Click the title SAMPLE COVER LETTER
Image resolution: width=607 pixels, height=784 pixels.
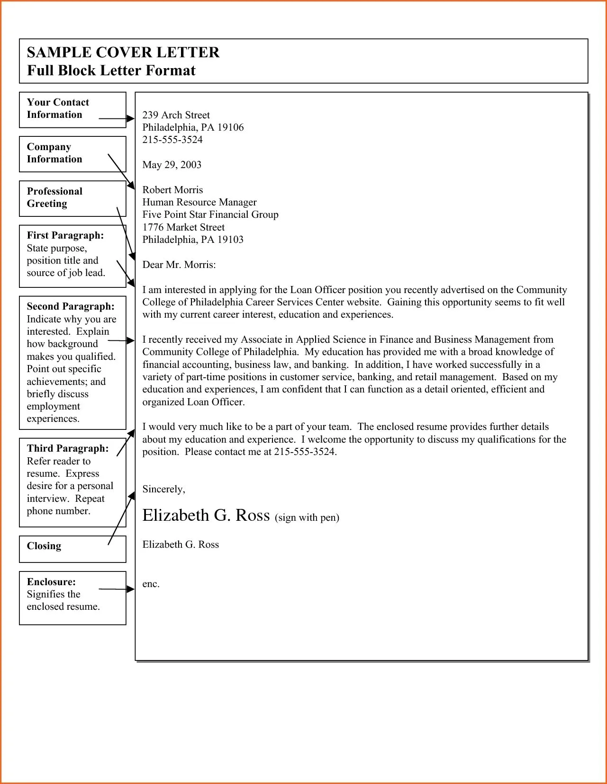click(x=123, y=52)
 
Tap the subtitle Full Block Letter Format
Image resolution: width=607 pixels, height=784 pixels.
click(x=111, y=71)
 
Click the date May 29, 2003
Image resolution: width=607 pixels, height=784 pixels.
click(x=172, y=165)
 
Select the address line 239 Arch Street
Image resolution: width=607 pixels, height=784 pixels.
click(x=176, y=115)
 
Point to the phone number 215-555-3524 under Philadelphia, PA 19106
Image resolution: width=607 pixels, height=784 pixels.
click(x=172, y=140)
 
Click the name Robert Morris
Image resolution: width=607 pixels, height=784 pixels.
click(x=172, y=190)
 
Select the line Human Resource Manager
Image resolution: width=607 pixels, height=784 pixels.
click(x=199, y=202)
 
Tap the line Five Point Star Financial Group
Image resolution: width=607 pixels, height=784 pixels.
click(x=210, y=214)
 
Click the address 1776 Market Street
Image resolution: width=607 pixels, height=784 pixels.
click(x=183, y=227)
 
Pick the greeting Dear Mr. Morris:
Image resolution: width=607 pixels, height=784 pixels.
click(x=179, y=265)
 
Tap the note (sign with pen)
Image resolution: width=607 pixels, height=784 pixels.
click(x=307, y=517)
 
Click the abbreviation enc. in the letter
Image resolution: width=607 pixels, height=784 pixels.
click(x=151, y=584)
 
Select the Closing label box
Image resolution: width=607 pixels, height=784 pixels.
click(x=72, y=549)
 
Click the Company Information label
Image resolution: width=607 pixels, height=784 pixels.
click(x=54, y=153)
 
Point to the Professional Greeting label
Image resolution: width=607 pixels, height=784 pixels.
click(x=54, y=197)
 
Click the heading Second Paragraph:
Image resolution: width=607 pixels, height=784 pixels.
click(x=71, y=306)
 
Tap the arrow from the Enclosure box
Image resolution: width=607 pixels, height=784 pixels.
click(x=117, y=589)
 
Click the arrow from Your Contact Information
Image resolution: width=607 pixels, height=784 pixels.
click(x=117, y=119)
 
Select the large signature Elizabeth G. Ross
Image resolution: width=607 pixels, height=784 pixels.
click(x=206, y=515)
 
